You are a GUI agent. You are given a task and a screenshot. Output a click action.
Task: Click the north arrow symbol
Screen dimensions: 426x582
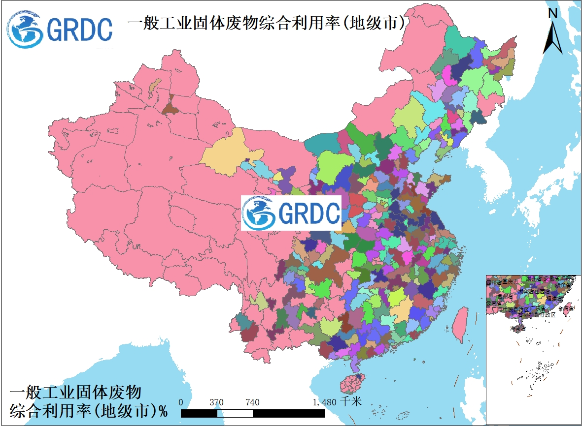click(x=553, y=37)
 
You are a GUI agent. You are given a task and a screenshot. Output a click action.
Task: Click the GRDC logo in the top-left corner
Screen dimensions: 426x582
click(x=59, y=28)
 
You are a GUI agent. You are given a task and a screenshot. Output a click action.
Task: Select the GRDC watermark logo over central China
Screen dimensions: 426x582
click(x=291, y=213)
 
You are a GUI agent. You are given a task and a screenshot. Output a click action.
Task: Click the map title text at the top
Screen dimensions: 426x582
click(x=266, y=23)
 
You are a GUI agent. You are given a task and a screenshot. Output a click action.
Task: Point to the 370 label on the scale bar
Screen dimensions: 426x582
click(x=216, y=402)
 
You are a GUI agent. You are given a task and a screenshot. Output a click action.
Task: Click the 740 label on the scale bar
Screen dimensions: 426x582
click(x=252, y=402)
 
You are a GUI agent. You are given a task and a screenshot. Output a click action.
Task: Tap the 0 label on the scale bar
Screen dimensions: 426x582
click(x=181, y=402)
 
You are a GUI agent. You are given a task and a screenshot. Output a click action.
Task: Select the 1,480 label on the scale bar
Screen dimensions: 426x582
click(x=324, y=402)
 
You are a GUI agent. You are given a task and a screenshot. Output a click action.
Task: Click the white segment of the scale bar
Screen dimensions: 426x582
click(x=235, y=413)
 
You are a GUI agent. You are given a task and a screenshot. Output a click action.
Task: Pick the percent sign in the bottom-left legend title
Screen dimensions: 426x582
click(x=163, y=410)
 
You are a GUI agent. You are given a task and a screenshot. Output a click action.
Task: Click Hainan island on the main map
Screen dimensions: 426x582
click(x=351, y=382)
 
